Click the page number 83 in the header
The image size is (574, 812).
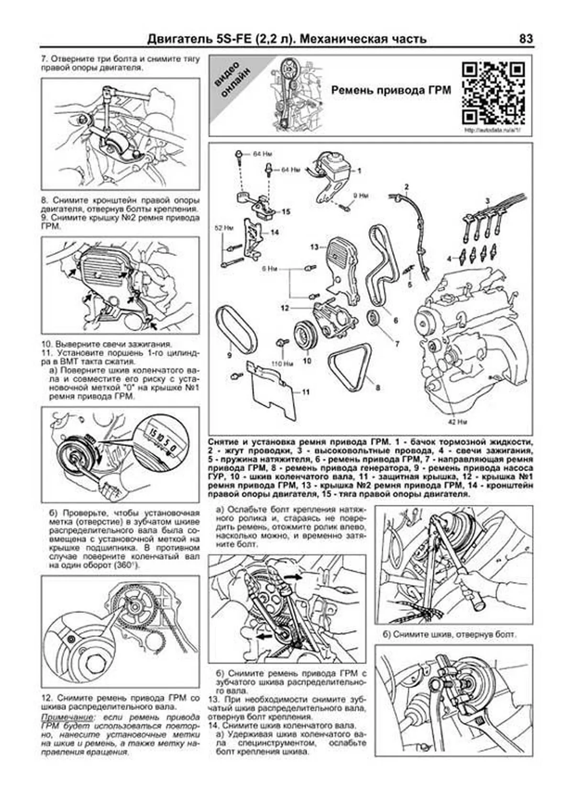(525, 39)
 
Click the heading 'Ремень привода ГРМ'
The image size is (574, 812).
(391, 90)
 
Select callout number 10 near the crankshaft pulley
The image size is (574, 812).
(307, 361)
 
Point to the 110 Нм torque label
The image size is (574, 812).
(282, 364)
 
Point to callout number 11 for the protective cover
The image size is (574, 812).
(306, 392)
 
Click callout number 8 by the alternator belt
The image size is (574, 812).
(378, 388)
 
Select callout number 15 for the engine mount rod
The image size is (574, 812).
(286, 211)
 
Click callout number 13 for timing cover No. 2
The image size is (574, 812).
(314, 247)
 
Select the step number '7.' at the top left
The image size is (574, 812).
(44, 60)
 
